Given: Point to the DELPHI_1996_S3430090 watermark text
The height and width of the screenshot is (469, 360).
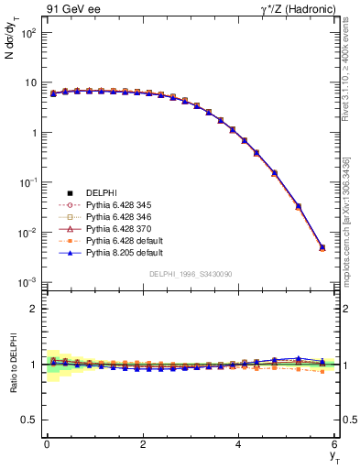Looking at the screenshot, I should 191,274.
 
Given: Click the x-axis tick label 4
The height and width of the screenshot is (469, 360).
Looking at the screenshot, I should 239,444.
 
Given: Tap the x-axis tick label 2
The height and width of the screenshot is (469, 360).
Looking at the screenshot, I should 143,444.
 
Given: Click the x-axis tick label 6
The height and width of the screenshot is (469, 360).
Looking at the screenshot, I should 334,444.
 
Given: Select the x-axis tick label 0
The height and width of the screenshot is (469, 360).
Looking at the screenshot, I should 47,444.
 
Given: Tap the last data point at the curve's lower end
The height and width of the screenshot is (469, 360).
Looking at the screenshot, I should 322,247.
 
